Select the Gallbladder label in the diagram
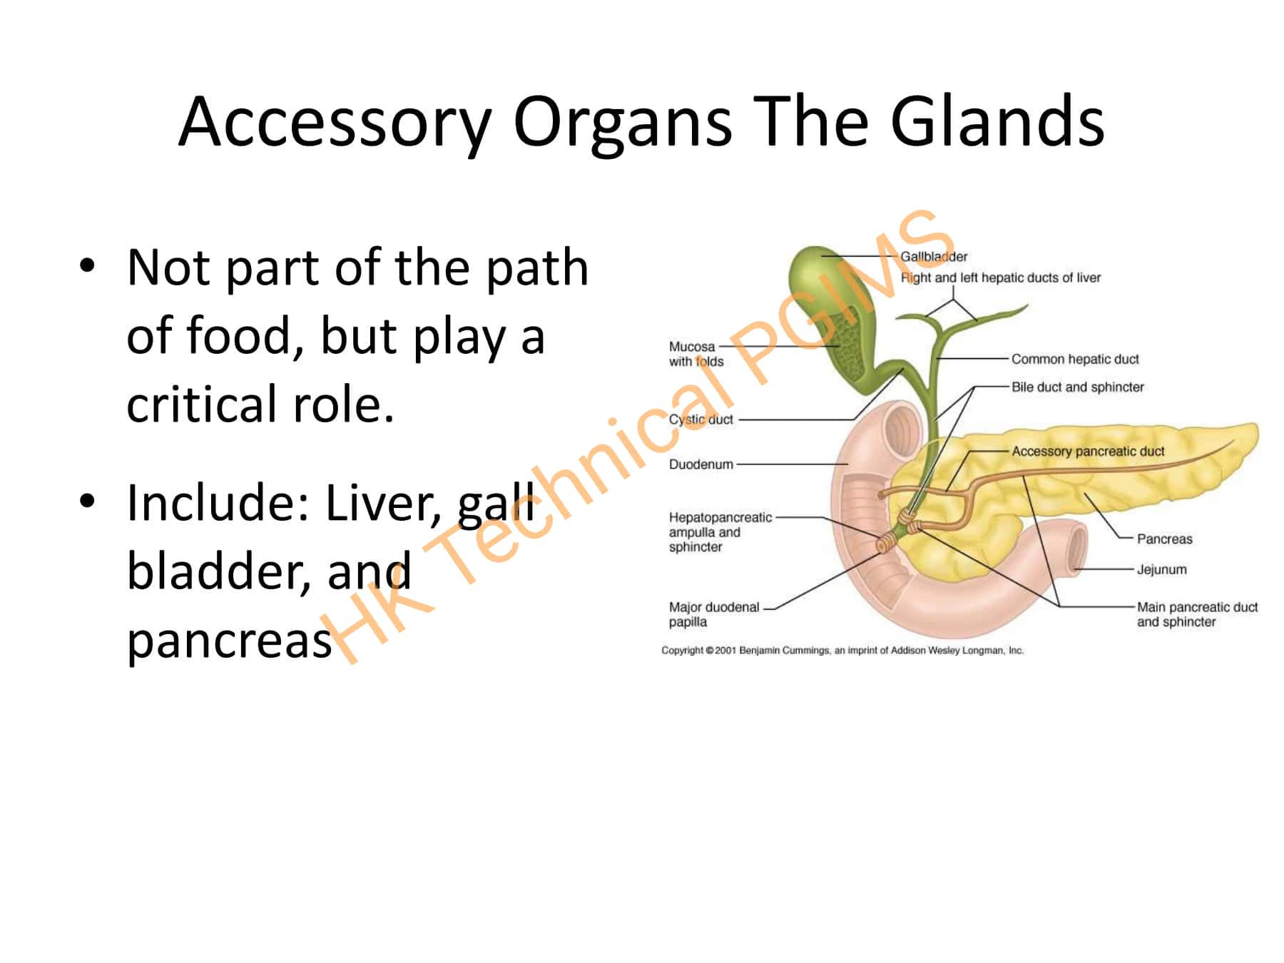934,257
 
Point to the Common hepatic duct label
1075,359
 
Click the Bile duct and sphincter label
1077,387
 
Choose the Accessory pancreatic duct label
1088,451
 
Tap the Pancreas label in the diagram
1164,539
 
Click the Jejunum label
1161,569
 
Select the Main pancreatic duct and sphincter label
1196,614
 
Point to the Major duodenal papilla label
713,614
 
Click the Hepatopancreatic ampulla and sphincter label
719,532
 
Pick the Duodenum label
700,464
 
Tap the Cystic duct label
700,419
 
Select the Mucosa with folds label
695,354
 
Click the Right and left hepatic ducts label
1000,277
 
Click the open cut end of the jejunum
1074,550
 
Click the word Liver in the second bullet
385,502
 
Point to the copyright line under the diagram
842,651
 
